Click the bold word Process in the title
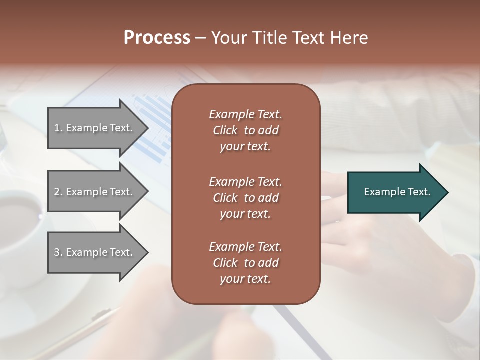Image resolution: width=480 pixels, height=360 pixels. [157, 38]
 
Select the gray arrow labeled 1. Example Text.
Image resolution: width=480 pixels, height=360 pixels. [95, 128]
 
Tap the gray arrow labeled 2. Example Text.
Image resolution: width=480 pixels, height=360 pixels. [95, 192]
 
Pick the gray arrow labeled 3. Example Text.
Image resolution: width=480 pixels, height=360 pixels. [95, 252]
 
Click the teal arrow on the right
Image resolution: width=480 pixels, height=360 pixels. [395, 192]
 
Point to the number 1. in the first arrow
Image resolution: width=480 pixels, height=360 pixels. [58, 128]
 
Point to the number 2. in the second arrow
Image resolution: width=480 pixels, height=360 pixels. [58, 192]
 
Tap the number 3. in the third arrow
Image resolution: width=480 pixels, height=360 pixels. [58, 252]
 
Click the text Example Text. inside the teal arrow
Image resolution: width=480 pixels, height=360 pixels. [397, 192]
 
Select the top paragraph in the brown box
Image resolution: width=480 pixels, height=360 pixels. [245, 130]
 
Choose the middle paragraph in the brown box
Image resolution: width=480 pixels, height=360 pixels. [245, 198]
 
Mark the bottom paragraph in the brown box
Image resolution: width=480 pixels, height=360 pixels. [245, 263]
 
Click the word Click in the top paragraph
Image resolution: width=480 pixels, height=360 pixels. [225, 130]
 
